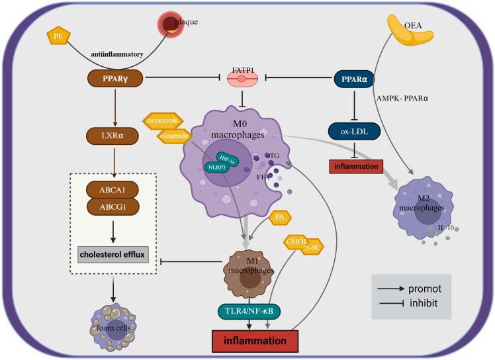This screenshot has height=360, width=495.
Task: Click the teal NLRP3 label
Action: click(216, 167)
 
